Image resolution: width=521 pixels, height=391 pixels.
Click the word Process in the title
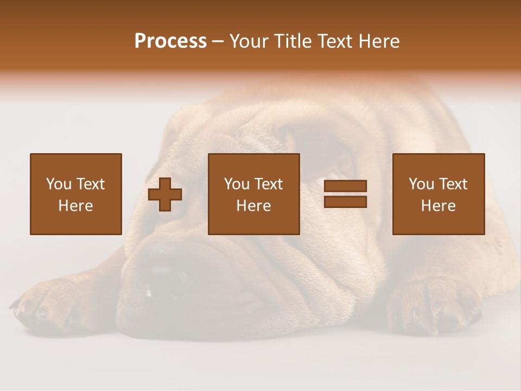point(170,41)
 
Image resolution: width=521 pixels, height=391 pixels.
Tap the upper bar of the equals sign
point(345,186)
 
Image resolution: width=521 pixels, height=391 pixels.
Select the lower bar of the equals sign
point(345,202)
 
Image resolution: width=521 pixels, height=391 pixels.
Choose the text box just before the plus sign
point(75,194)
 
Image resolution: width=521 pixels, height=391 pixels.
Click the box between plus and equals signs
point(253,194)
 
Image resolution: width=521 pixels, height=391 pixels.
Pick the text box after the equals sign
point(438,194)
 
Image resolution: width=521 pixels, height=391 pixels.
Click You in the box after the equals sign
point(421,184)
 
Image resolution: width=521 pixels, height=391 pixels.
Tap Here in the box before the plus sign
point(75,206)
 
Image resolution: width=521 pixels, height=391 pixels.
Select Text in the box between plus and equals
point(269,184)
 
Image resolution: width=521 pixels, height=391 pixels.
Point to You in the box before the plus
point(59,184)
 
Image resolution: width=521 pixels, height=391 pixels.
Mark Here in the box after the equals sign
point(438,206)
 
